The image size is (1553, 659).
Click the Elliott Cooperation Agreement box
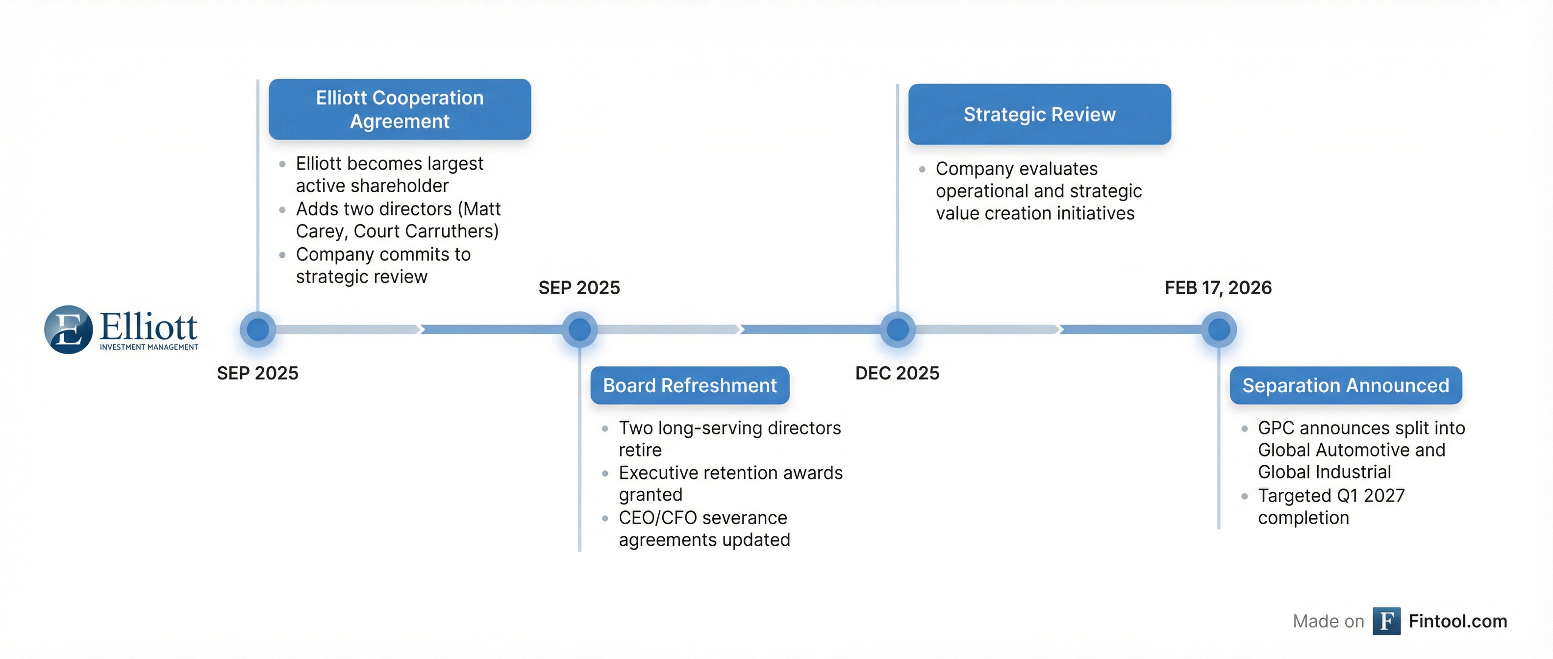(x=400, y=109)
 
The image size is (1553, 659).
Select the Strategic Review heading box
(x=1039, y=114)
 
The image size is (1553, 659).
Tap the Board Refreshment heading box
(x=690, y=385)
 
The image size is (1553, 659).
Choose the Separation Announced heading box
(x=1346, y=385)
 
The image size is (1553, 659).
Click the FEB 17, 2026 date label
(x=1218, y=288)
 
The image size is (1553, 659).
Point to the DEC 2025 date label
(x=897, y=373)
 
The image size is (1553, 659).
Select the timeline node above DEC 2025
(x=898, y=329)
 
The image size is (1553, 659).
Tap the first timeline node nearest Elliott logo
(x=258, y=329)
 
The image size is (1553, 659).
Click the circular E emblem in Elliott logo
(x=68, y=329)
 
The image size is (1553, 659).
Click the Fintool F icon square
(x=1386, y=621)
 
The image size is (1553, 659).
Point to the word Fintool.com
(x=1458, y=621)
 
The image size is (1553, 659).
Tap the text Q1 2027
(x=1370, y=496)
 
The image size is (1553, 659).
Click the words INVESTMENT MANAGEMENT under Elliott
(x=149, y=347)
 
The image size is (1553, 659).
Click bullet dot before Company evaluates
(x=922, y=170)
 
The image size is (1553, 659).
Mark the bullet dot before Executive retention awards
(x=605, y=473)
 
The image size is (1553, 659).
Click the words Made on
(x=1328, y=622)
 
